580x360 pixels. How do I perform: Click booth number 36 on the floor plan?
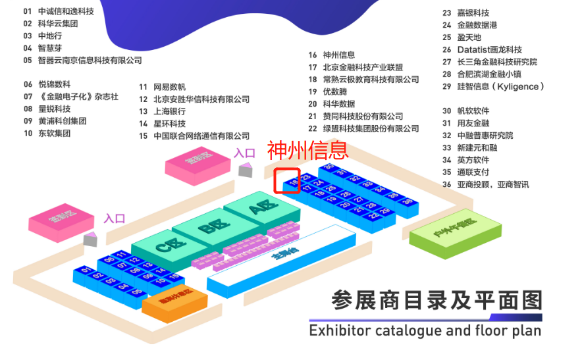click(408, 201)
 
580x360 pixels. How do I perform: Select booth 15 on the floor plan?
click(174, 277)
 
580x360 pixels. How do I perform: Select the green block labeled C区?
click(163, 247)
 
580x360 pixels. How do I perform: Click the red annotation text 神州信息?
click(307, 151)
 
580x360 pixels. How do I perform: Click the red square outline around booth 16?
click(287, 180)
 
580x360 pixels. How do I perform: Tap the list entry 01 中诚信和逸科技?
click(59, 11)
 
